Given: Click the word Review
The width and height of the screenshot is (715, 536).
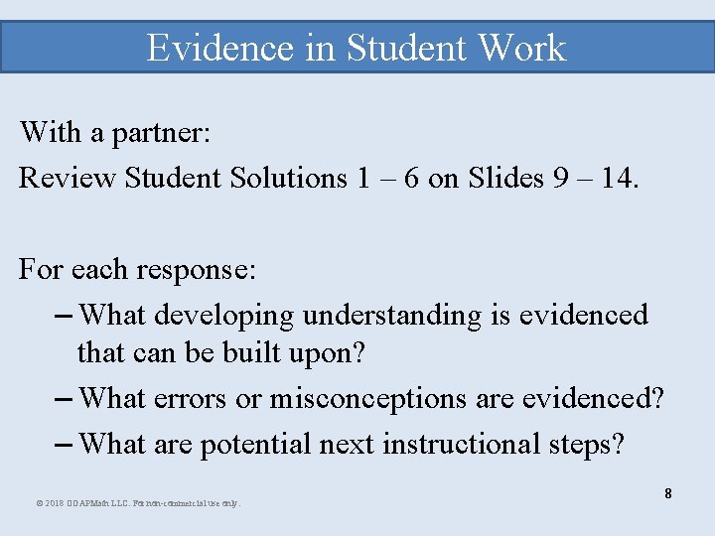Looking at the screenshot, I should pyautogui.click(x=68, y=178).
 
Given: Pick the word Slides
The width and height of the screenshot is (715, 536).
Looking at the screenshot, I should pyautogui.click(x=506, y=178).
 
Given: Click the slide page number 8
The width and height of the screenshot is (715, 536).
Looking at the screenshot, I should pyautogui.click(x=668, y=493).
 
